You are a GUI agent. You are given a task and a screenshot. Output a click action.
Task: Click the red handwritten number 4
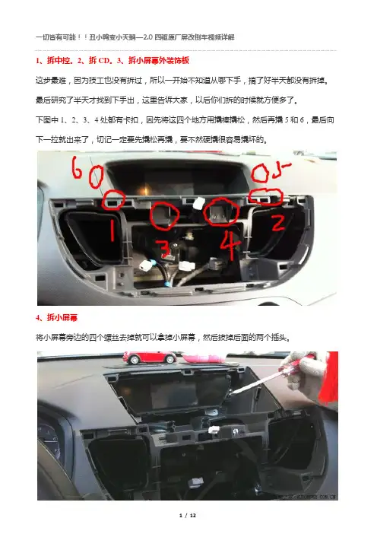pos(230,244)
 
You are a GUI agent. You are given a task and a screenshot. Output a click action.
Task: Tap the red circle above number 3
pos(165,215)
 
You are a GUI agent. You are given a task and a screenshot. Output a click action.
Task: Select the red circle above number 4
pos(221,211)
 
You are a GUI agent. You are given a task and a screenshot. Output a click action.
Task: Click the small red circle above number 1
pos(114,200)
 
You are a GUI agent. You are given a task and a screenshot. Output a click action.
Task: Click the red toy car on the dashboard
pos(150,358)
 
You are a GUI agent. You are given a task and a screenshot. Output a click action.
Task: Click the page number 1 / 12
pos(188,515)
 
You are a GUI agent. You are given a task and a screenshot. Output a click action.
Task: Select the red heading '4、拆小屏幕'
pos(56,317)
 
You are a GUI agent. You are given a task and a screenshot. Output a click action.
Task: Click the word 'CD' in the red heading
pos(104,61)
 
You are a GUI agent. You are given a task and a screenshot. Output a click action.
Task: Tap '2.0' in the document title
pos(148,37)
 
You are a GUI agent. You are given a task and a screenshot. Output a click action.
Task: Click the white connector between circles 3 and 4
pos(198,204)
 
